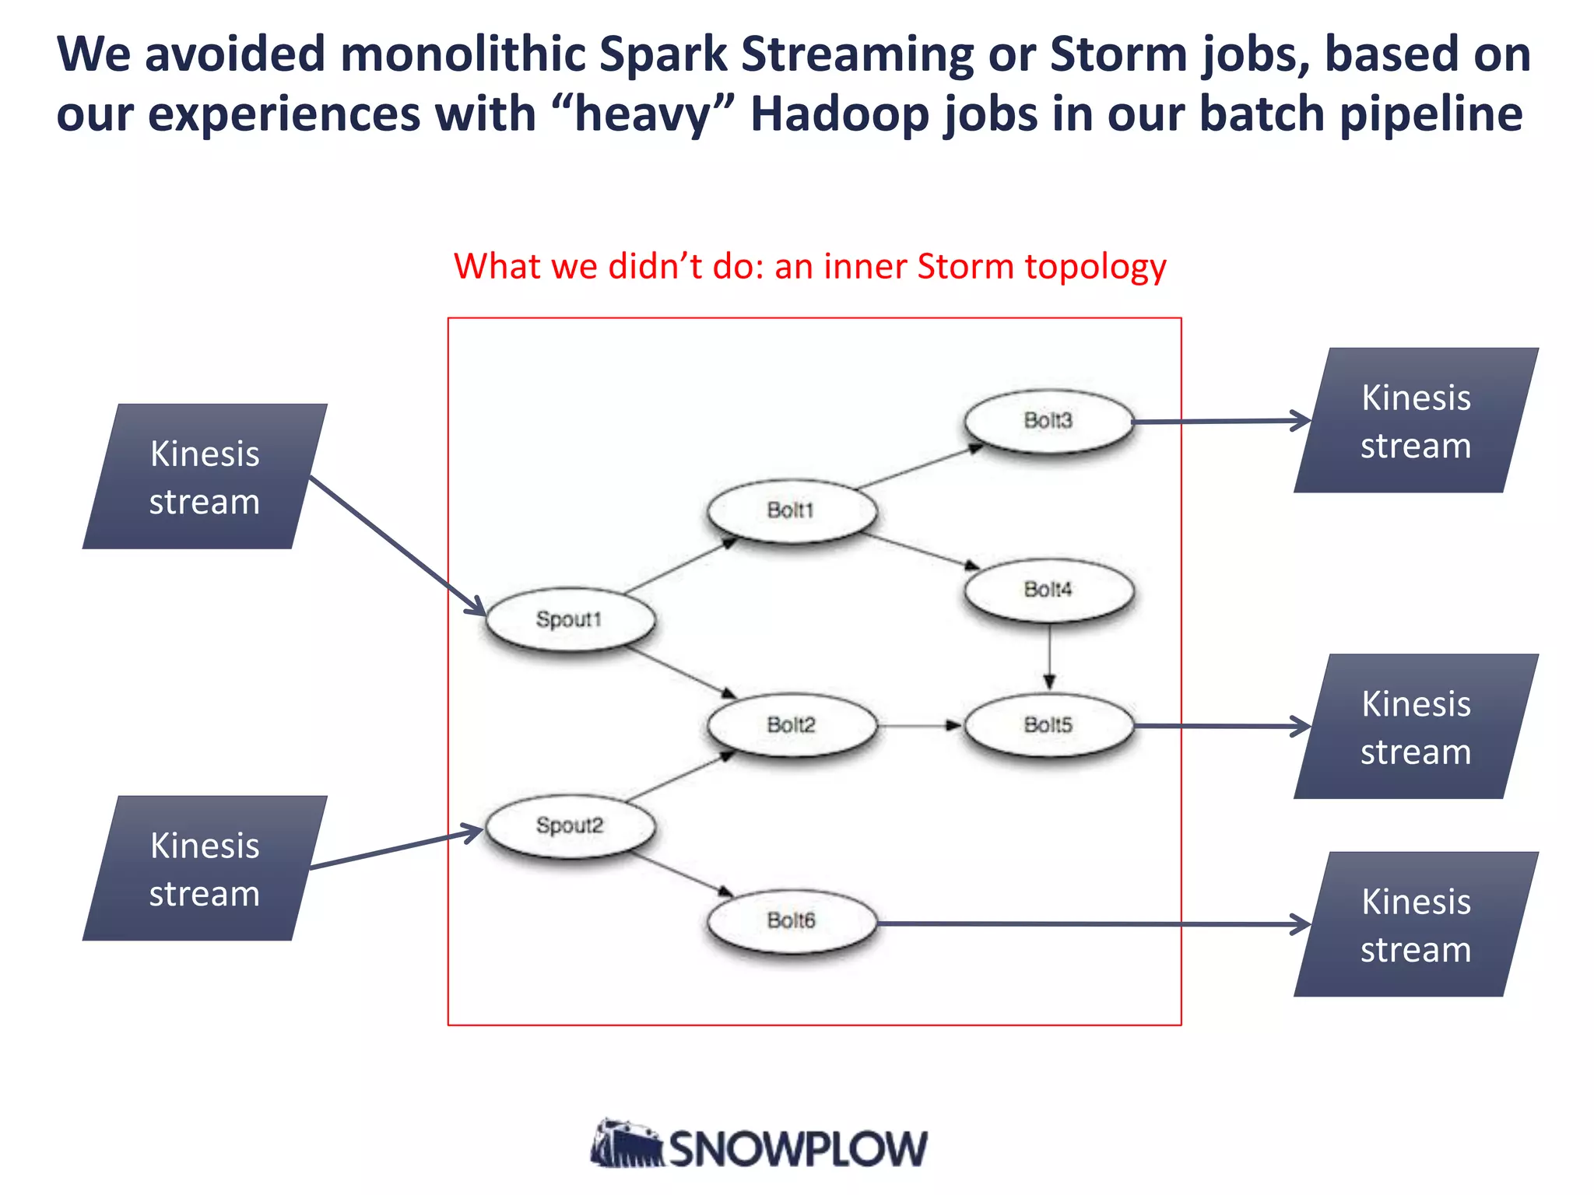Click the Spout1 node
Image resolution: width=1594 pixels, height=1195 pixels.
pos(570,619)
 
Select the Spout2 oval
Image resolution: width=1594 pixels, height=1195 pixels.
pos(570,826)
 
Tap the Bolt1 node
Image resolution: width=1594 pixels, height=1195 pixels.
pos(792,510)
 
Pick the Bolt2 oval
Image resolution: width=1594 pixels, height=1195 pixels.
pos(792,725)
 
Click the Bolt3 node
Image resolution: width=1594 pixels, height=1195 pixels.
pos(1048,421)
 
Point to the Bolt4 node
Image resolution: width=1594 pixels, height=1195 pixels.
pos(1048,590)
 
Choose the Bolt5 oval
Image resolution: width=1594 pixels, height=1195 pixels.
pos(1048,725)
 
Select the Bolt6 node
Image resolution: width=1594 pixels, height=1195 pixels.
pos(792,921)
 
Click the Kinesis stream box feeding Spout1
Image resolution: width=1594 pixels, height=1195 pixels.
pos(205,477)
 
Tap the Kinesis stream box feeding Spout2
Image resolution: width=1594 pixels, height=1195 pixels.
pos(205,868)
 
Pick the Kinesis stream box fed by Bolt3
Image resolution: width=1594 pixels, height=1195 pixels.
pos(1416,421)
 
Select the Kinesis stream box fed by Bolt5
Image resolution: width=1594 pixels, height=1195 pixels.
pos(1416,727)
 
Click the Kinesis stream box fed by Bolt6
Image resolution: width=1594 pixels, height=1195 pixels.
pos(1416,924)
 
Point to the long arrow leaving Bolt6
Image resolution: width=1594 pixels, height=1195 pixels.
pos(1090,923)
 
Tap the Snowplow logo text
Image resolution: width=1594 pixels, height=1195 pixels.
pos(797,1148)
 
